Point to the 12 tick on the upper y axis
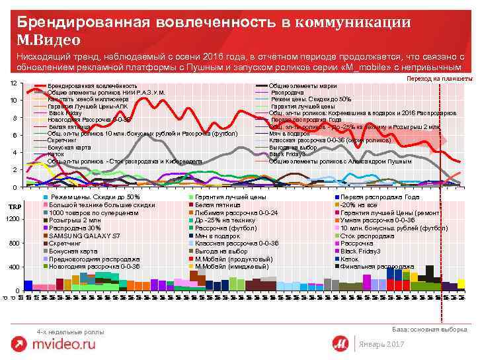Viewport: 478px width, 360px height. [x=14, y=83]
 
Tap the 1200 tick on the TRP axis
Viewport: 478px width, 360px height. [x=12, y=219]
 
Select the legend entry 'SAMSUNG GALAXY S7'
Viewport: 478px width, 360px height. [x=85, y=236]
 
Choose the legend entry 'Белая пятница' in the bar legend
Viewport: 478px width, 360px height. [x=215, y=206]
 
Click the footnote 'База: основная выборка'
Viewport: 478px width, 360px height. [x=429, y=329]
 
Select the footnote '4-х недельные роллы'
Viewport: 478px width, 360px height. [x=71, y=331]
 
